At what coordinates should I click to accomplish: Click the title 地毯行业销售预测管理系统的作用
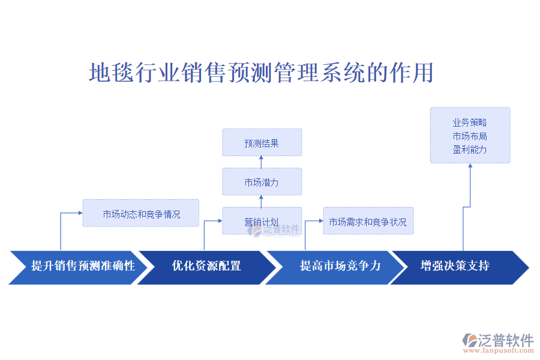(x=261, y=73)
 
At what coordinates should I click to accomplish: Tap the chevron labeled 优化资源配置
(x=206, y=266)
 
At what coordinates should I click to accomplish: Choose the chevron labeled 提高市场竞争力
(x=340, y=266)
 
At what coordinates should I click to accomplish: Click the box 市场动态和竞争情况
(x=141, y=213)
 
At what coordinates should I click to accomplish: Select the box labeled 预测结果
(x=262, y=143)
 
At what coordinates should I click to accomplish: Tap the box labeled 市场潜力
(x=262, y=182)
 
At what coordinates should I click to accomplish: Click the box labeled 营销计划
(x=262, y=221)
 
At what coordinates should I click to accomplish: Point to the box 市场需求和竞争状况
(x=368, y=221)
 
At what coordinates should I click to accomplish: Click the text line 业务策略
(x=470, y=122)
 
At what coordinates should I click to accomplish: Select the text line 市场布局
(x=470, y=136)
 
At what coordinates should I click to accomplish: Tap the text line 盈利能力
(x=470, y=149)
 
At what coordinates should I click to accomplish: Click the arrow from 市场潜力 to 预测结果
(x=262, y=162)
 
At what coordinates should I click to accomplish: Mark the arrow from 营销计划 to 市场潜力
(x=262, y=201)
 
